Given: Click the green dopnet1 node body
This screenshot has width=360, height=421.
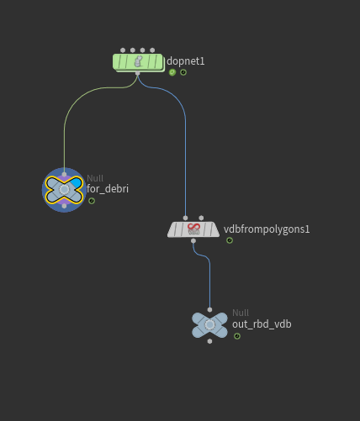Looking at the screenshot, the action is point(138,61).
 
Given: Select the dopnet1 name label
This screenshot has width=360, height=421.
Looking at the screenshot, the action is point(186,61).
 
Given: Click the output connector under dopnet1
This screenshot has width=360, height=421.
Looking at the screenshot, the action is point(137,73).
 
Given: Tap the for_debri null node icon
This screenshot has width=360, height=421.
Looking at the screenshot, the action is point(64,190).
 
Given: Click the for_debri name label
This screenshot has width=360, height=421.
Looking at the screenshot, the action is point(108,189).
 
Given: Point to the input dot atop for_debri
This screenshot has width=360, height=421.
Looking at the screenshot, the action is point(64,174).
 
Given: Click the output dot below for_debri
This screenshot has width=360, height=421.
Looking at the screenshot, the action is point(64,206).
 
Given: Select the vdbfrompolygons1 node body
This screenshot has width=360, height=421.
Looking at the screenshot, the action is point(193,229).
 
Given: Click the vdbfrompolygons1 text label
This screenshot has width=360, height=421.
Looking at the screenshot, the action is point(267,229).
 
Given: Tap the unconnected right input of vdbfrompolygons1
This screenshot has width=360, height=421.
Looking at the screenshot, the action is point(201,218).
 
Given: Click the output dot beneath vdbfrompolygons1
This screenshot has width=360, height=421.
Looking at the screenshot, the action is point(193,241).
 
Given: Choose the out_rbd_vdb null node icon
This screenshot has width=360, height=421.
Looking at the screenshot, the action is point(209,325).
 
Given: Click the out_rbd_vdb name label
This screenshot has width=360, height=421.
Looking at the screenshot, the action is point(262,324).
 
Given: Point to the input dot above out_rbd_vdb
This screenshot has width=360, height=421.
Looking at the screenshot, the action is point(209,310).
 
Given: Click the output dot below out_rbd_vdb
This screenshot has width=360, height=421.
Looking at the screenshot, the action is point(209,341).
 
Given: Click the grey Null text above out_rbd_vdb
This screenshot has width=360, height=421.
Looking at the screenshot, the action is point(241,313).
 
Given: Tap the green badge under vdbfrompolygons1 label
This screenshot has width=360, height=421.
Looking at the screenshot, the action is point(230,240).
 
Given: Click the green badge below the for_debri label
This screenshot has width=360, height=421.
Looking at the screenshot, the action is point(92,201).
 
